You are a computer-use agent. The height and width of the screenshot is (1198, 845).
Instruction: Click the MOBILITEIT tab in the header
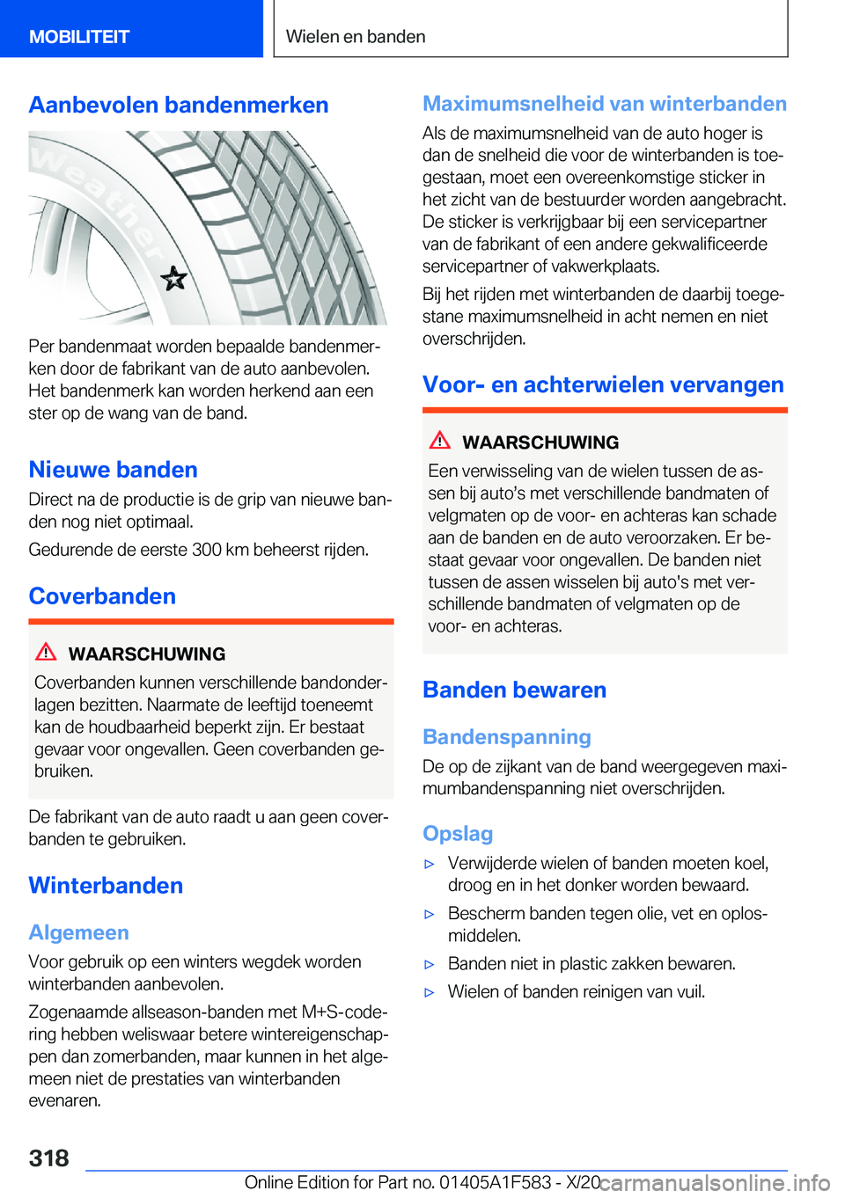coord(79,37)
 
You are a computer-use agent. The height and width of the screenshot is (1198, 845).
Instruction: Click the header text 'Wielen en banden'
coord(356,37)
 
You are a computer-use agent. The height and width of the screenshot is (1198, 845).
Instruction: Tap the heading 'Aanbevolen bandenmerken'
coord(179,105)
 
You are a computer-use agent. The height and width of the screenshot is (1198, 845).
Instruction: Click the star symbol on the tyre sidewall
coord(174,279)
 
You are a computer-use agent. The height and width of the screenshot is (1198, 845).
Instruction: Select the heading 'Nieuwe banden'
coord(113,470)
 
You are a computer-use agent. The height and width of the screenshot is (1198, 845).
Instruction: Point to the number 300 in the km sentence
coord(206,550)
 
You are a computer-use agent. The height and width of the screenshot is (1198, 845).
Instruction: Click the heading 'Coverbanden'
coord(102,596)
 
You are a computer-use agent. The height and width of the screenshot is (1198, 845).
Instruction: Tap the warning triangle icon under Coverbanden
coord(46,653)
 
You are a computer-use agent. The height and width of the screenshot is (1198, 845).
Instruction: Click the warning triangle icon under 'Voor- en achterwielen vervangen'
coord(440,441)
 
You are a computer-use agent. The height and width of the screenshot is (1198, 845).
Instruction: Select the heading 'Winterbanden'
coord(106,886)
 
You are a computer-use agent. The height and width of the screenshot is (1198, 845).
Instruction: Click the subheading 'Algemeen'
coord(78,932)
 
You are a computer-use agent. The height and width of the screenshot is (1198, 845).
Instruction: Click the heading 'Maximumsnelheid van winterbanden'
coord(604,104)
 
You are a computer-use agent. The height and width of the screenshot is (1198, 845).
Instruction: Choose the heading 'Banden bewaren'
coord(514,690)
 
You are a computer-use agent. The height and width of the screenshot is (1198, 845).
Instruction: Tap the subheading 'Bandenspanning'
coord(506,737)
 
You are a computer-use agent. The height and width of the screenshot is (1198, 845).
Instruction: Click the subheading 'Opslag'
coord(458,834)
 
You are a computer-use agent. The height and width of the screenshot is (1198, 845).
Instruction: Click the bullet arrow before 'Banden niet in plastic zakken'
coord(430,964)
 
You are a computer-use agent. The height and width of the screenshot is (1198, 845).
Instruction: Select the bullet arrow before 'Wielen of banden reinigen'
coord(430,992)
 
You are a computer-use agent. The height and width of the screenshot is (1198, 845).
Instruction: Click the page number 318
coord(49,1158)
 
